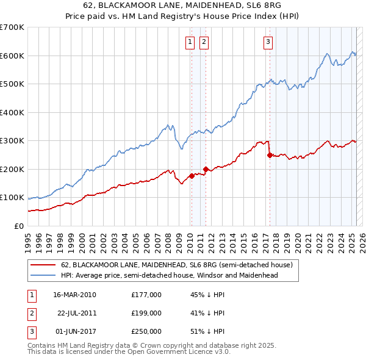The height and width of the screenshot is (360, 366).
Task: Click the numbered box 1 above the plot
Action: coord(190,42)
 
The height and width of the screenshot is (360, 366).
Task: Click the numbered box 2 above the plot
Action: coord(204,42)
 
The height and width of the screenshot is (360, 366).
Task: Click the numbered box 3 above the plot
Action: coord(268,42)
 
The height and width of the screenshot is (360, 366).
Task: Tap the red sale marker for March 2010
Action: coord(192,176)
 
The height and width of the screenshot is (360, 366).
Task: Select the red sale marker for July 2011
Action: coord(206,170)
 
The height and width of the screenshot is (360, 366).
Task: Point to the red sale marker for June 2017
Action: coord(269,155)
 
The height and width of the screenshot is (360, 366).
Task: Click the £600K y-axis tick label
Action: coord(12,56)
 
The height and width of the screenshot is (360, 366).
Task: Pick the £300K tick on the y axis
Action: coord(12,141)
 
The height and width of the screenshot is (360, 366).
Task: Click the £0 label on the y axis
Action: coord(19,226)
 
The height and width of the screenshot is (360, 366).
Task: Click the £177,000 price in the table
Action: coord(146,295)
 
